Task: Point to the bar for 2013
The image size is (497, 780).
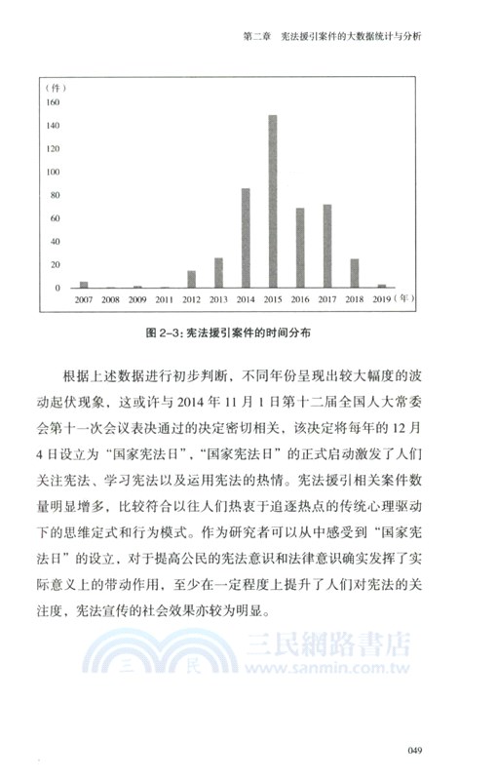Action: tap(218, 274)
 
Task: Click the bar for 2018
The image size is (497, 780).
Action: tap(355, 274)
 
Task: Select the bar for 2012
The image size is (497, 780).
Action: tap(191, 280)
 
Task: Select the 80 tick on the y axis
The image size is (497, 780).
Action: tap(53, 195)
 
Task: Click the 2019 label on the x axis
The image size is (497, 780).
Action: tap(382, 300)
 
